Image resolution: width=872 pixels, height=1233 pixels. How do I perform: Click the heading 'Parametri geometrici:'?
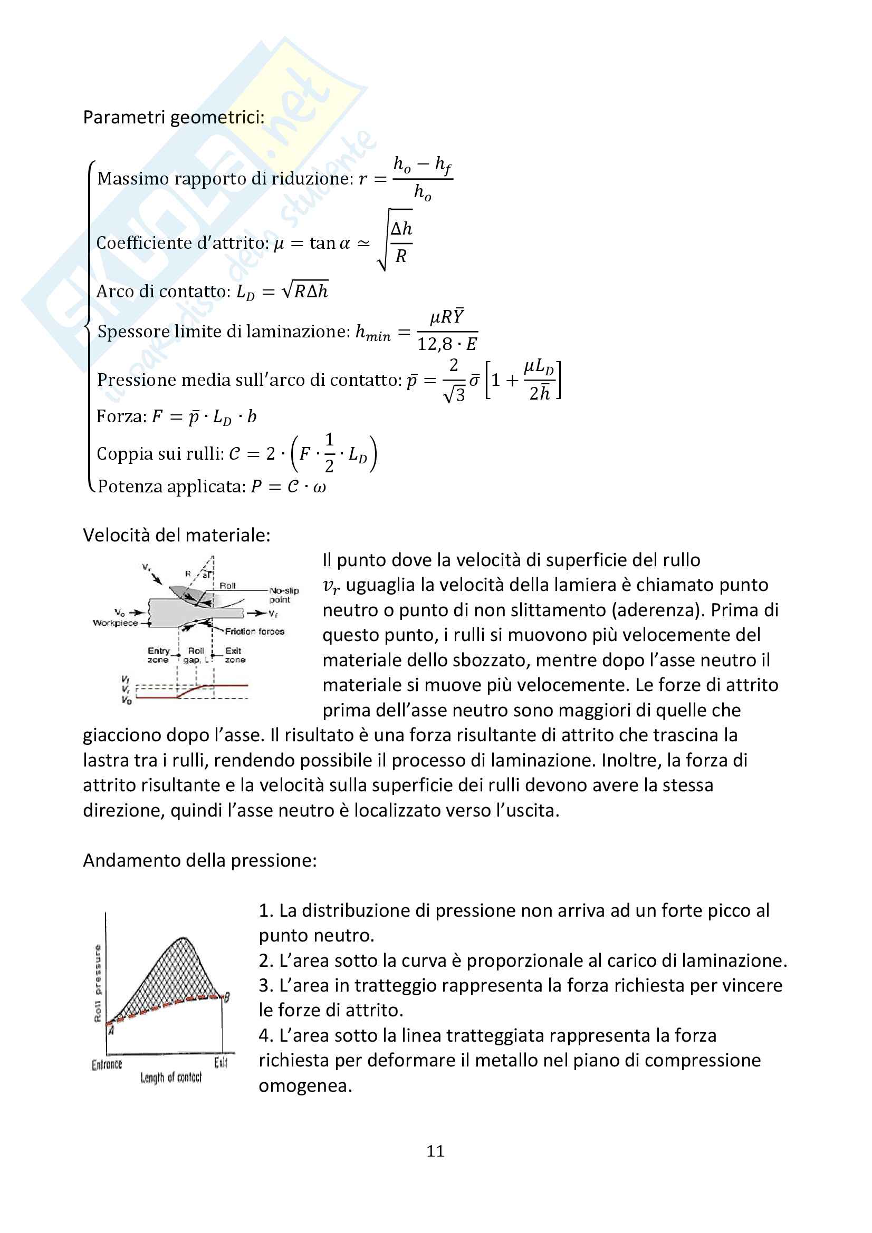pyautogui.click(x=174, y=117)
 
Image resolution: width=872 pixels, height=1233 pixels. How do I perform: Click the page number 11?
pyautogui.click(x=435, y=1151)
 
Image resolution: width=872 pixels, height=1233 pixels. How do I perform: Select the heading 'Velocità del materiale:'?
pyautogui.click(x=176, y=535)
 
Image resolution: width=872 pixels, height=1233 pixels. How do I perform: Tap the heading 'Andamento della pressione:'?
pyautogui.click(x=199, y=860)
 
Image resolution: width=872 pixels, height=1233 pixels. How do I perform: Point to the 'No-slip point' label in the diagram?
pyautogui.click(x=284, y=595)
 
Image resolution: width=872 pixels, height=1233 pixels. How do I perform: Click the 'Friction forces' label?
pyautogui.click(x=254, y=632)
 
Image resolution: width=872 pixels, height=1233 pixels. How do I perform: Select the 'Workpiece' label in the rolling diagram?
pyautogui.click(x=115, y=623)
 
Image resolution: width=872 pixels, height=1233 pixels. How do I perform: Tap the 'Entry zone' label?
pyautogui.click(x=158, y=655)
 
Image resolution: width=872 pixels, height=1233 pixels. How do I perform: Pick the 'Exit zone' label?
pyautogui.click(x=235, y=655)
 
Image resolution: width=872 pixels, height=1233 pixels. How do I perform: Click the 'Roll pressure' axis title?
pyautogui.click(x=98, y=984)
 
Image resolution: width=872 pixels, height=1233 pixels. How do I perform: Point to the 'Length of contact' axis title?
pyautogui.click(x=171, y=1078)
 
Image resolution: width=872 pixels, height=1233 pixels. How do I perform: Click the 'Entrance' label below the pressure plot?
pyautogui.click(x=107, y=1064)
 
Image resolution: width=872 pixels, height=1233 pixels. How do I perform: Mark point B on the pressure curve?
pyautogui.click(x=226, y=997)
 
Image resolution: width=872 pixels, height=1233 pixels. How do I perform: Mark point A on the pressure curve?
pyautogui.click(x=111, y=1030)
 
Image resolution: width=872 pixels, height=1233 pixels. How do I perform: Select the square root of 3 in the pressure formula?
pyautogui.click(x=454, y=395)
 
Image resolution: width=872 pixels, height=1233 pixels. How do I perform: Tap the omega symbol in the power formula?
pyautogui.click(x=319, y=487)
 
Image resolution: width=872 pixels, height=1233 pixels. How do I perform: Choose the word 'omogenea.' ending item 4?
pyautogui.click(x=305, y=1085)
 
